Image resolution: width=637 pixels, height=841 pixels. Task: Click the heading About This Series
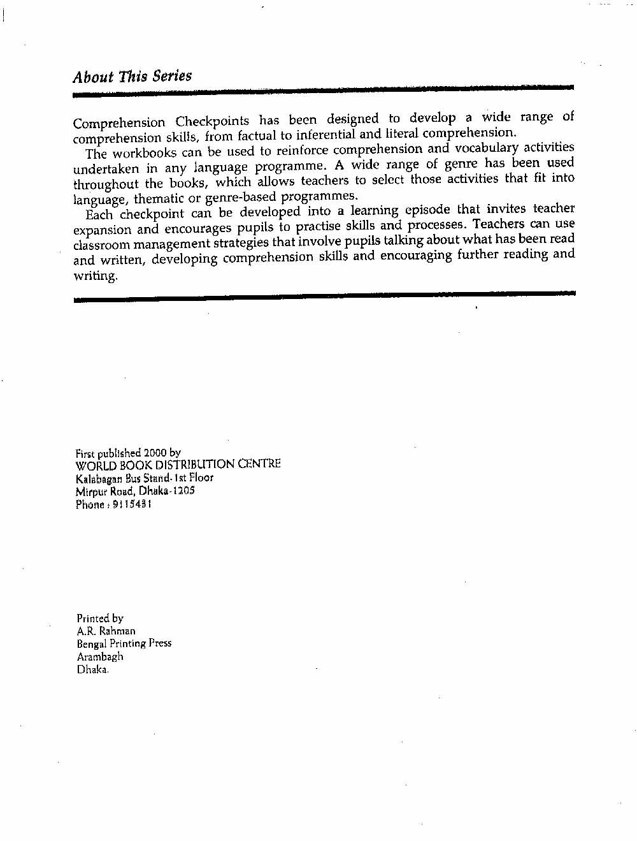132,77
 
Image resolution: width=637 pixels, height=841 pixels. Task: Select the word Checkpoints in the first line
212,121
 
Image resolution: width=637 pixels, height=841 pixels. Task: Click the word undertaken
106,169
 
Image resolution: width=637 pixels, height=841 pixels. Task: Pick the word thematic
157,198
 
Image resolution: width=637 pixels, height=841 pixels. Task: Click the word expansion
103,230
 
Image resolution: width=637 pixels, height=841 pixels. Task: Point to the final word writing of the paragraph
96,276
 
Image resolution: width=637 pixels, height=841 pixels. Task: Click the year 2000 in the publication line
155,453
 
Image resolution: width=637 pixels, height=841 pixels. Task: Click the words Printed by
100,618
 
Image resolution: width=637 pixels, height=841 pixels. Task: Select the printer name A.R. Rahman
106,631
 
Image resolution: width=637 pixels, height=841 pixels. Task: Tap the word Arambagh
100,657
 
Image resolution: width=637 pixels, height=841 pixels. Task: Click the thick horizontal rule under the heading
323,91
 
